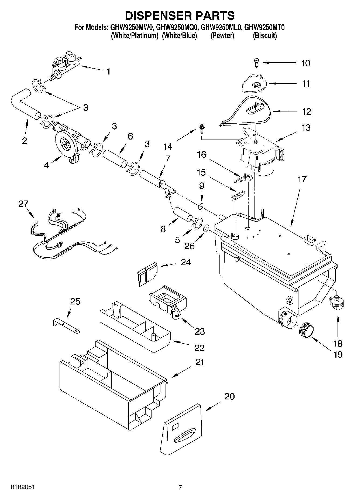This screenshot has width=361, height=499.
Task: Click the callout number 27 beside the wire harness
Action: tap(23, 204)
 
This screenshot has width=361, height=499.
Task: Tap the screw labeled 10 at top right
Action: tap(256, 63)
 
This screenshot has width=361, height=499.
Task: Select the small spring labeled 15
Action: tap(238, 195)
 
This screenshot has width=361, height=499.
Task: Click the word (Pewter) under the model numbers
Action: tap(222, 36)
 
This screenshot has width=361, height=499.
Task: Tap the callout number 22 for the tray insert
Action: tap(200, 348)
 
